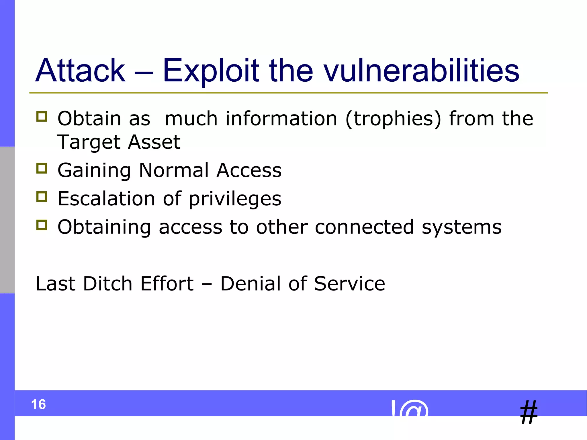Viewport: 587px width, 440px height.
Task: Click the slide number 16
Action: [x=38, y=404]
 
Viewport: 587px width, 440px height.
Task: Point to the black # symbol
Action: [x=529, y=412]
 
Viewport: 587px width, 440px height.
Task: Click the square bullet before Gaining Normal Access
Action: [x=42, y=168]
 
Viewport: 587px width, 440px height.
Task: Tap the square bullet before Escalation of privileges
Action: [x=42, y=197]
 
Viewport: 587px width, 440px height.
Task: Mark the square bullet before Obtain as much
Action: [x=42, y=117]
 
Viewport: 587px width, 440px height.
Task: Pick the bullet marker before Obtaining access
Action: [x=42, y=225]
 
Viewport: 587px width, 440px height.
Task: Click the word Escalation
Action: [x=106, y=199]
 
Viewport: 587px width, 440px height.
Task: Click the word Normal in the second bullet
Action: [x=174, y=170]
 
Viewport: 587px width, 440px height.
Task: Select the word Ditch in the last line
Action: [x=107, y=284]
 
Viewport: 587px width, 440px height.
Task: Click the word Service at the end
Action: [x=349, y=284]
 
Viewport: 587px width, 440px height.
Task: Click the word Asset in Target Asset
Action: [x=154, y=142]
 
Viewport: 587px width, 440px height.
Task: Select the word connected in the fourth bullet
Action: [x=364, y=227]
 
